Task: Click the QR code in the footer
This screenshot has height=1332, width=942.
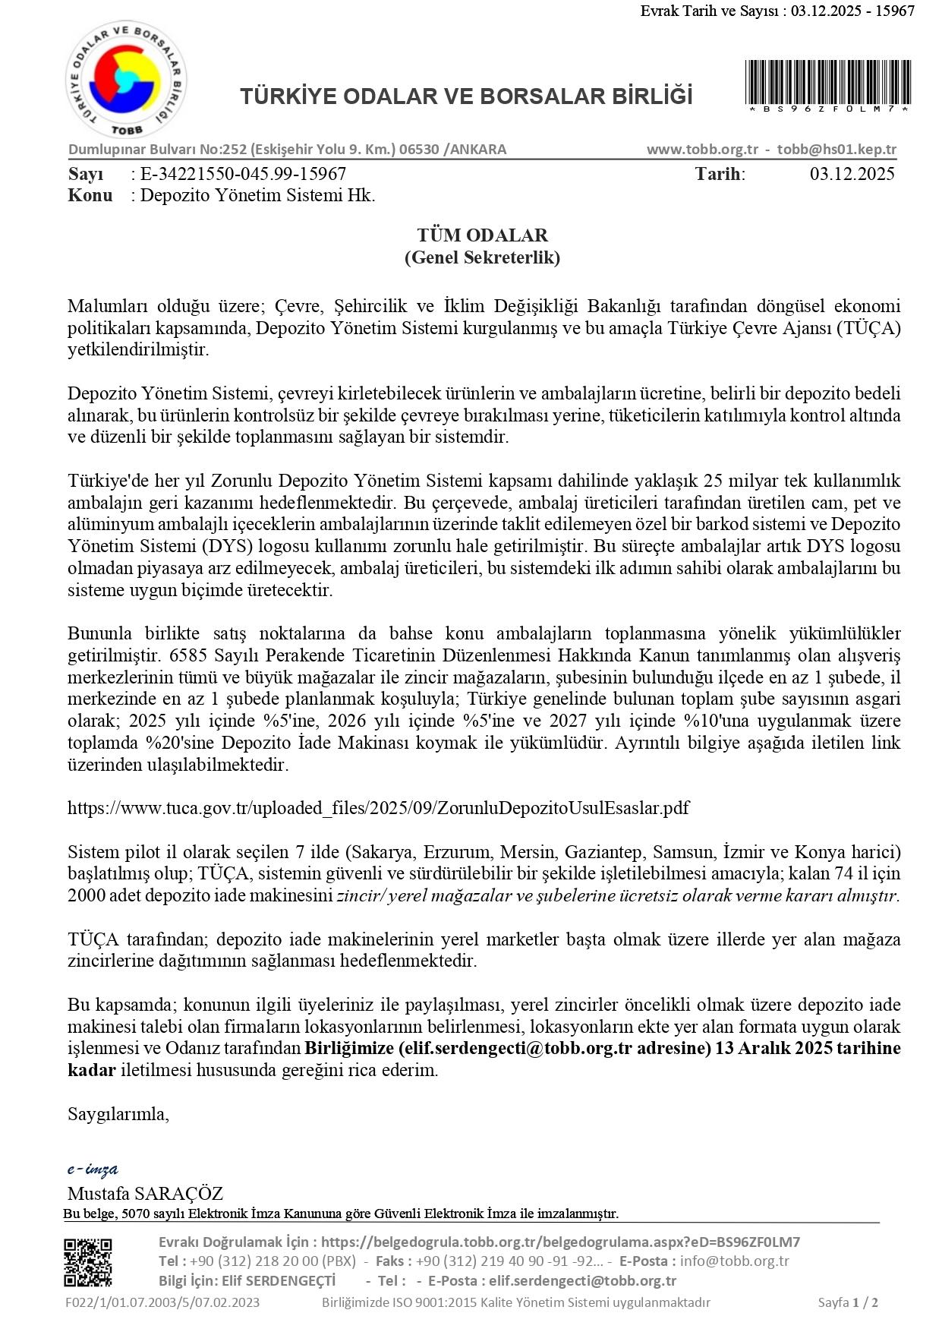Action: coord(87,1262)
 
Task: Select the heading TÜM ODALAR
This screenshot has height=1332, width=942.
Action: coord(482,235)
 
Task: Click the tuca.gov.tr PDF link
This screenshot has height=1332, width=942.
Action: coord(378,807)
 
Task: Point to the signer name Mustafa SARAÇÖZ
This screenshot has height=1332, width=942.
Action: coord(145,1193)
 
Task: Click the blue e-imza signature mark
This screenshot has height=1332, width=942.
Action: coord(93,1169)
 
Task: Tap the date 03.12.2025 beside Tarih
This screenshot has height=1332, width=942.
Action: coord(852,174)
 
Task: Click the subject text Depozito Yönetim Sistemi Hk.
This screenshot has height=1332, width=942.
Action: coord(258,195)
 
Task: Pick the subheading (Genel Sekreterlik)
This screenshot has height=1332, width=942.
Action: coord(482,257)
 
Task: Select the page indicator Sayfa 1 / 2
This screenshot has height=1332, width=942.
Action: coord(848,1302)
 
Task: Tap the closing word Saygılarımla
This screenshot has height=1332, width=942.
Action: coord(118,1114)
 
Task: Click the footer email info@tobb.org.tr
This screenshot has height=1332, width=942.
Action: coord(734,1261)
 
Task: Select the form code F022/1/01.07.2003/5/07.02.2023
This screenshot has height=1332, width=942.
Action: coord(162,1302)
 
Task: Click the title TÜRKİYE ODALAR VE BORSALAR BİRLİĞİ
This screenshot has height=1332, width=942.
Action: coord(466,96)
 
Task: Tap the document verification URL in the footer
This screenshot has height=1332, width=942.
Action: coord(560,1242)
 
